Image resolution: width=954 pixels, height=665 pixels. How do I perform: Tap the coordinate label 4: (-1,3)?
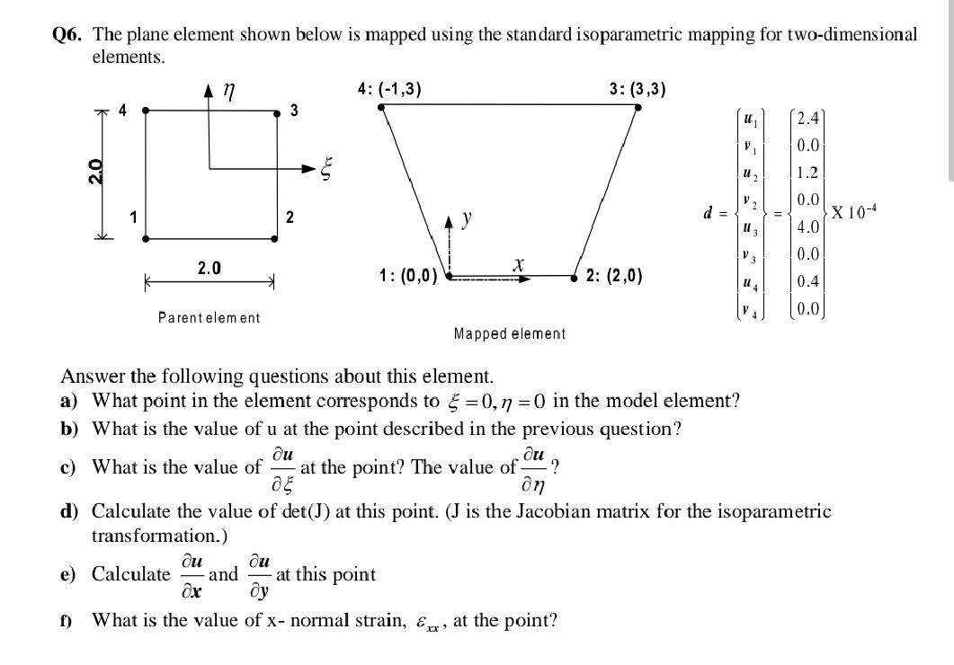(x=388, y=89)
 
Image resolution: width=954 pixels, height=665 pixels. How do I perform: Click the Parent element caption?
(x=209, y=317)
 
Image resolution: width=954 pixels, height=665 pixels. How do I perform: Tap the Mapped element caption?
(x=510, y=334)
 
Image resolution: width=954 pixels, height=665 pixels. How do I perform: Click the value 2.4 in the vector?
(x=807, y=119)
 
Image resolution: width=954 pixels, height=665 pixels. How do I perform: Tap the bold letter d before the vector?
(x=709, y=214)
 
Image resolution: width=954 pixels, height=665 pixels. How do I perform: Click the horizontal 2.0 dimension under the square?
(x=209, y=268)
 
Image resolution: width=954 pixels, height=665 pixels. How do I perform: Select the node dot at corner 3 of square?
(x=274, y=112)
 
